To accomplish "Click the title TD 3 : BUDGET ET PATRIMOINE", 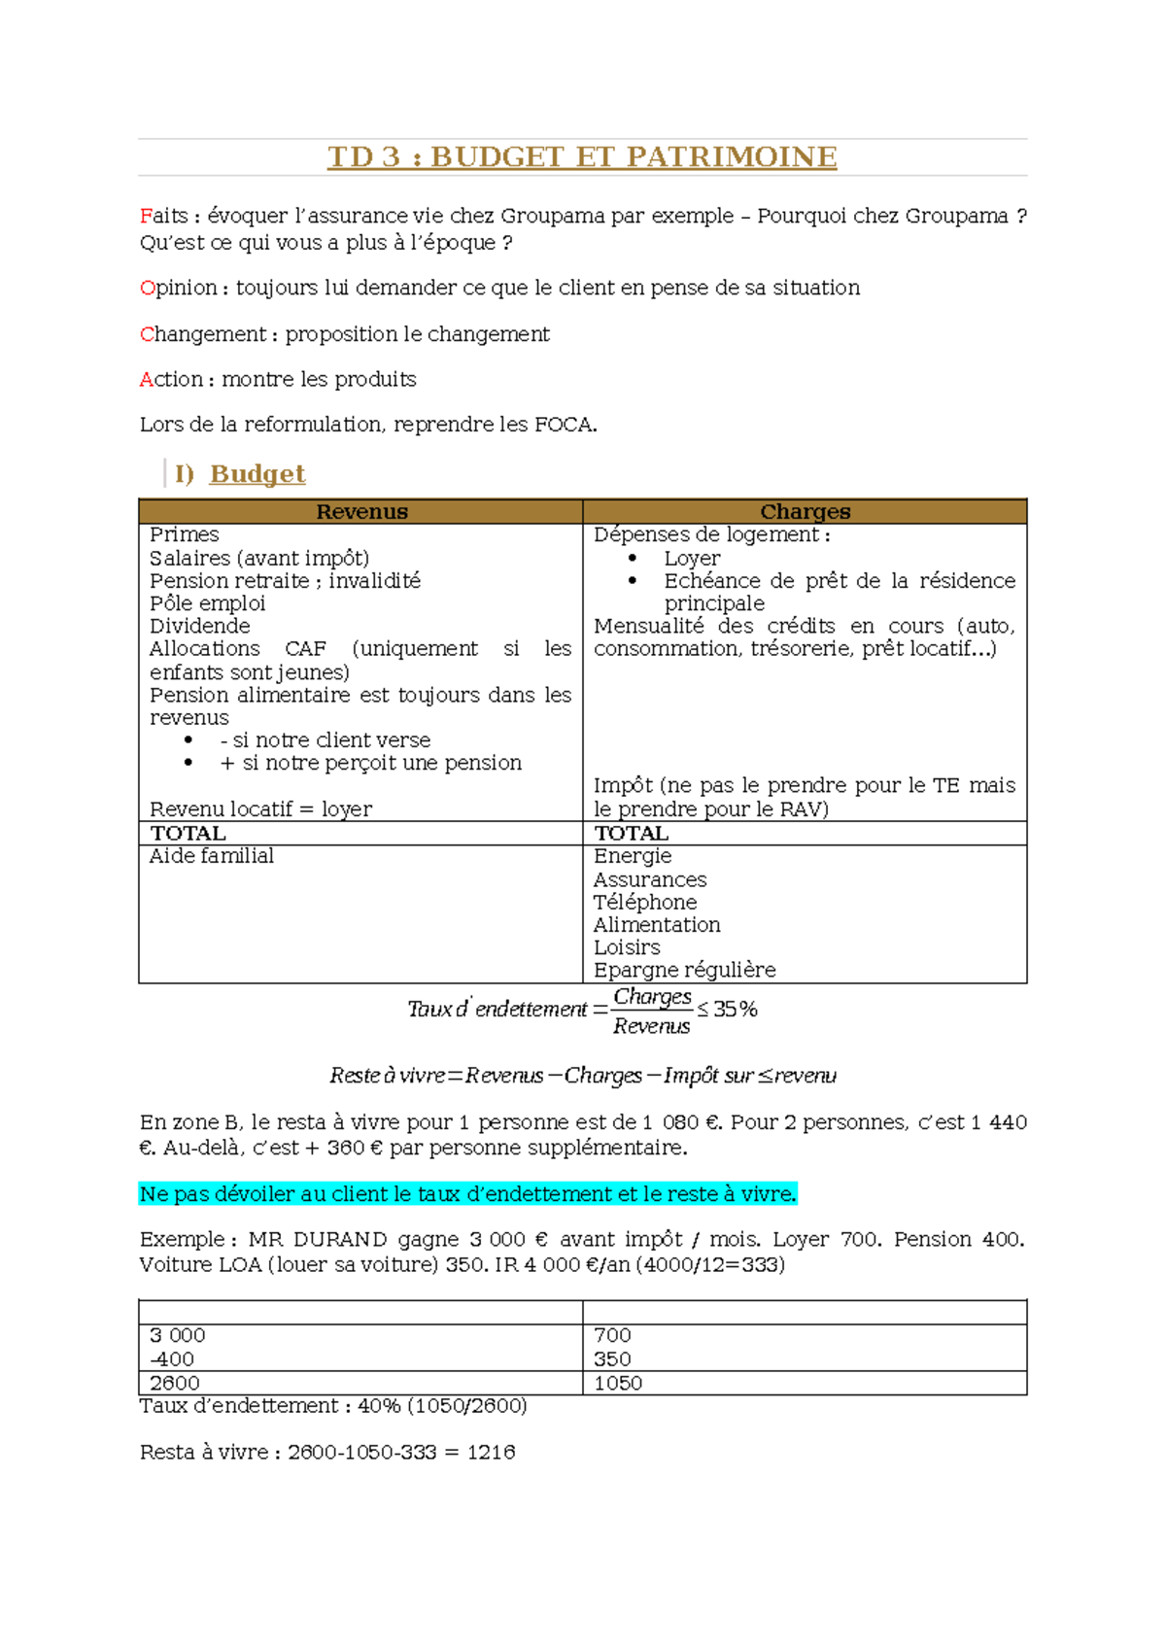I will click(x=582, y=156).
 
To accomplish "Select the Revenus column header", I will click(x=361, y=512).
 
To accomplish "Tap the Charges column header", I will click(x=805, y=512).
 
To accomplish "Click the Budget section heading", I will click(x=257, y=474).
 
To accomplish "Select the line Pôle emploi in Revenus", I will click(x=207, y=603).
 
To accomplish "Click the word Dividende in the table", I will click(x=199, y=626).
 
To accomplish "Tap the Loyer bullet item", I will click(x=692, y=559).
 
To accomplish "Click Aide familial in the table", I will click(x=211, y=856).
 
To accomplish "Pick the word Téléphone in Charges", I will click(x=645, y=902).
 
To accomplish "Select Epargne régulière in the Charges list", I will click(x=684, y=970).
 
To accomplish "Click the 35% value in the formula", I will click(x=735, y=1010).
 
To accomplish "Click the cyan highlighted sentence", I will click(x=467, y=1194).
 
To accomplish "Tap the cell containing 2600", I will click(x=175, y=1383).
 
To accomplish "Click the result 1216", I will click(x=491, y=1452).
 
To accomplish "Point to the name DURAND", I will click(x=339, y=1240).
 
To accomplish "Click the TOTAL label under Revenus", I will click(x=188, y=834).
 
